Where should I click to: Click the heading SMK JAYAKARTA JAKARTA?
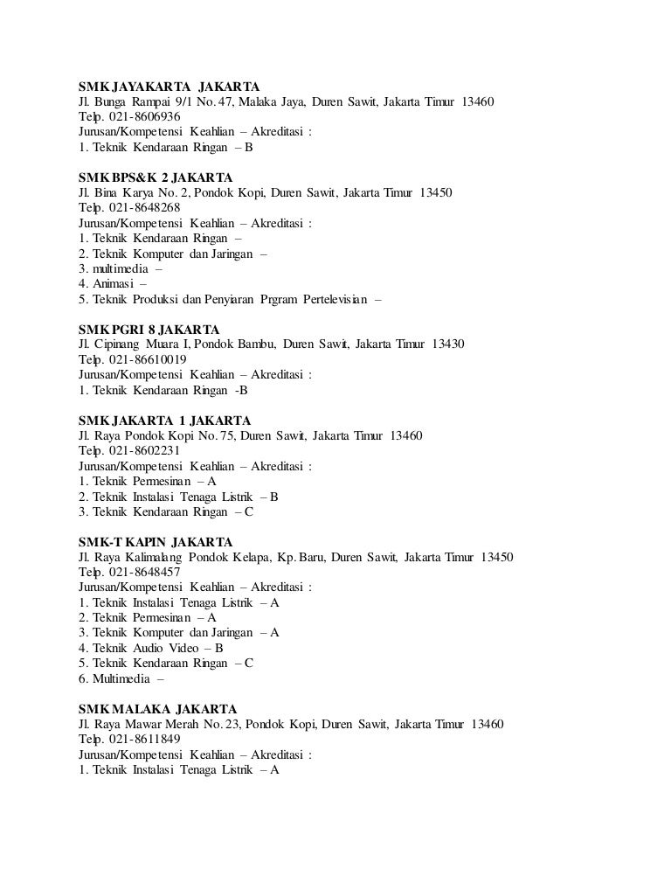coord(169,87)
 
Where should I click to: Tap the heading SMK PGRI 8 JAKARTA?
coord(149,330)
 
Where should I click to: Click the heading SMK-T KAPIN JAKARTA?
coord(155,541)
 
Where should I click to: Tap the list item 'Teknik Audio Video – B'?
coord(157,648)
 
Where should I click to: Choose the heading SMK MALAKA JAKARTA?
coord(156,708)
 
